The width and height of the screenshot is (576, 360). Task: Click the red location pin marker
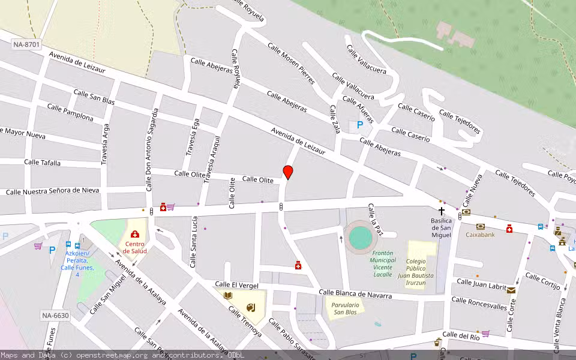tap(288, 172)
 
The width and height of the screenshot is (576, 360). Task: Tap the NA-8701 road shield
tap(26, 44)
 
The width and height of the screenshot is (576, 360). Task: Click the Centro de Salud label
tap(134, 247)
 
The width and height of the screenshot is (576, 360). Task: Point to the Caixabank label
tap(480, 235)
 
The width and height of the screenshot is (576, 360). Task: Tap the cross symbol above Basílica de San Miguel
tap(442, 211)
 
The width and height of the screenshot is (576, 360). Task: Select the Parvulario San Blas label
tap(345, 308)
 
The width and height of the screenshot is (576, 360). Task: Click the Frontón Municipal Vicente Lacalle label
tap(382, 263)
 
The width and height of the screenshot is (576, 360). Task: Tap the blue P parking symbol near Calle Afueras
tap(360, 125)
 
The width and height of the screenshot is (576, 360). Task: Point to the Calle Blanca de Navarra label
tap(355, 294)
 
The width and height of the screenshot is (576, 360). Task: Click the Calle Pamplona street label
tap(70, 112)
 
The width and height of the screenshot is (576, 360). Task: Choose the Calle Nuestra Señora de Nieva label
tap(52, 191)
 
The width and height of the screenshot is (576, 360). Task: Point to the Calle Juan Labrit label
tap(481, 284)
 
